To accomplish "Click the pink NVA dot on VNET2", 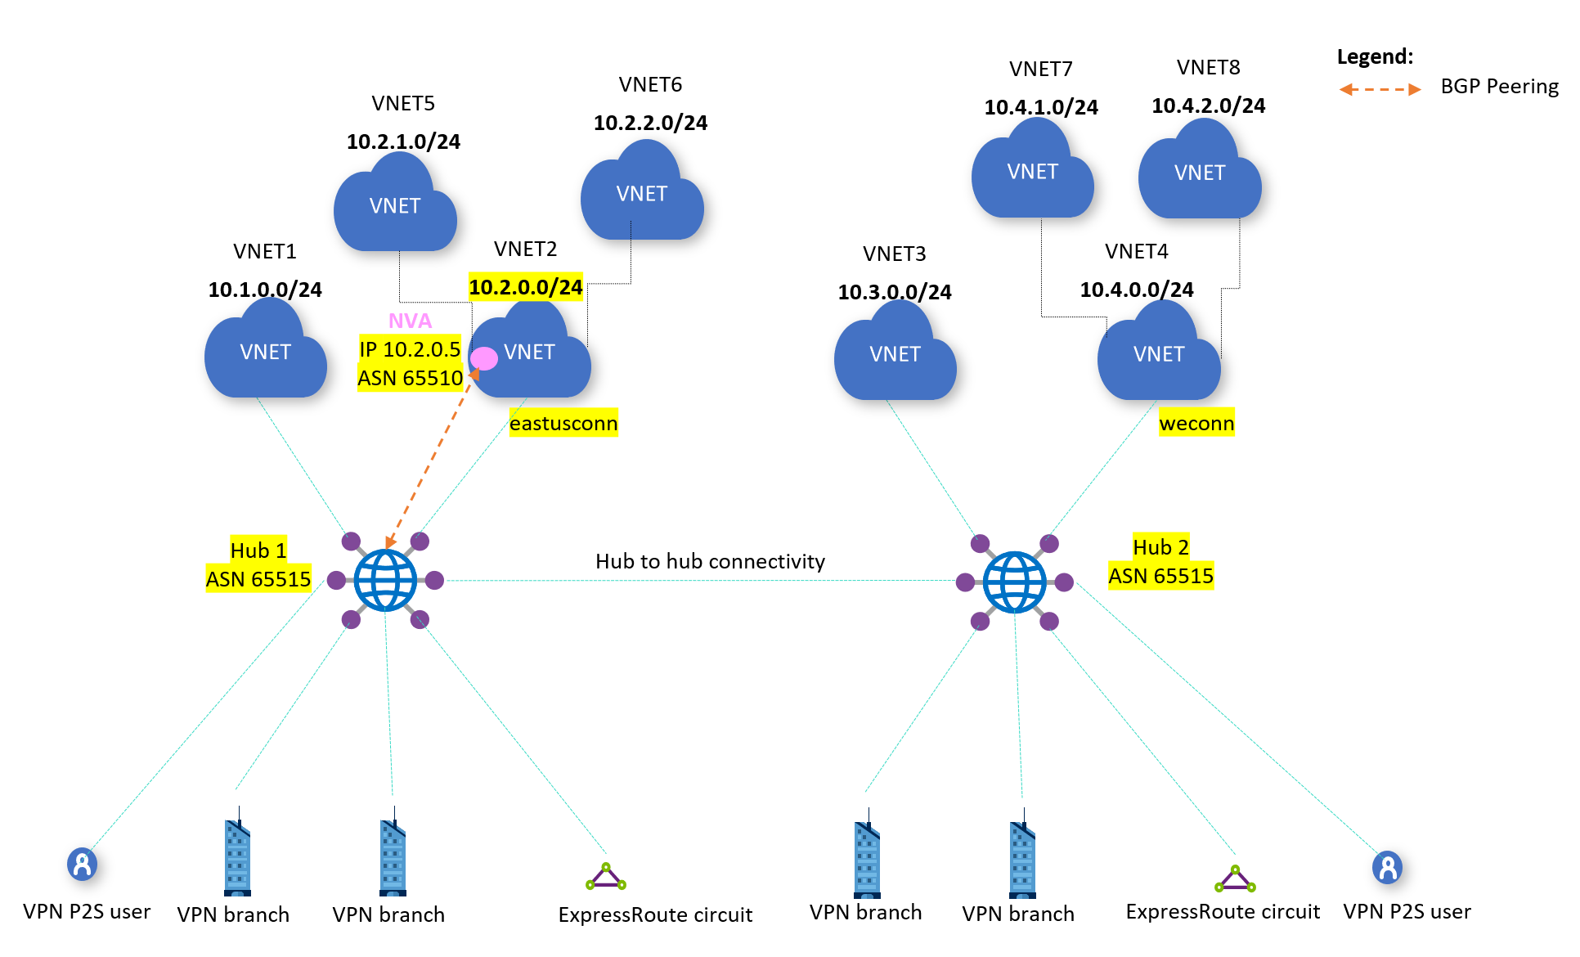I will tap(484, 358).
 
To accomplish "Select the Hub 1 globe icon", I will tap(385, 581).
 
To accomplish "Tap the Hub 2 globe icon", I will tap(1014, 582).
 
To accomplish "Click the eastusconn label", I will tap(563, 423).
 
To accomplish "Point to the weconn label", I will tap(1196, 423).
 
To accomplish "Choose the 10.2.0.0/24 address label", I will tap(525, 287).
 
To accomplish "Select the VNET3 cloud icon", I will tap(895, 353).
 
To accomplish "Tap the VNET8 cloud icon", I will tap(1200, 173).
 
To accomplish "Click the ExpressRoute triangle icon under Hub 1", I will tap(606, 877).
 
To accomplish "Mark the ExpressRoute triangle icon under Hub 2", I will tap(1235, 879).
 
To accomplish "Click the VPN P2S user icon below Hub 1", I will tap(82, 864).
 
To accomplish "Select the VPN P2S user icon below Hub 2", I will tap(1387, 867).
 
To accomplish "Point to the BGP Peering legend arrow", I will tap(1380, 89).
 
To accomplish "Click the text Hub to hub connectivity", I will tap(710, 561).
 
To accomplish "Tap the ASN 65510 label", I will tap(410, 378).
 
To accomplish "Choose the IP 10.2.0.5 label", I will tap(410, 349).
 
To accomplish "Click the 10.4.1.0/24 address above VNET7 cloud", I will tap(1041, 107).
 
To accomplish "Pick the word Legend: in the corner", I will tap(1375, 56).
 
